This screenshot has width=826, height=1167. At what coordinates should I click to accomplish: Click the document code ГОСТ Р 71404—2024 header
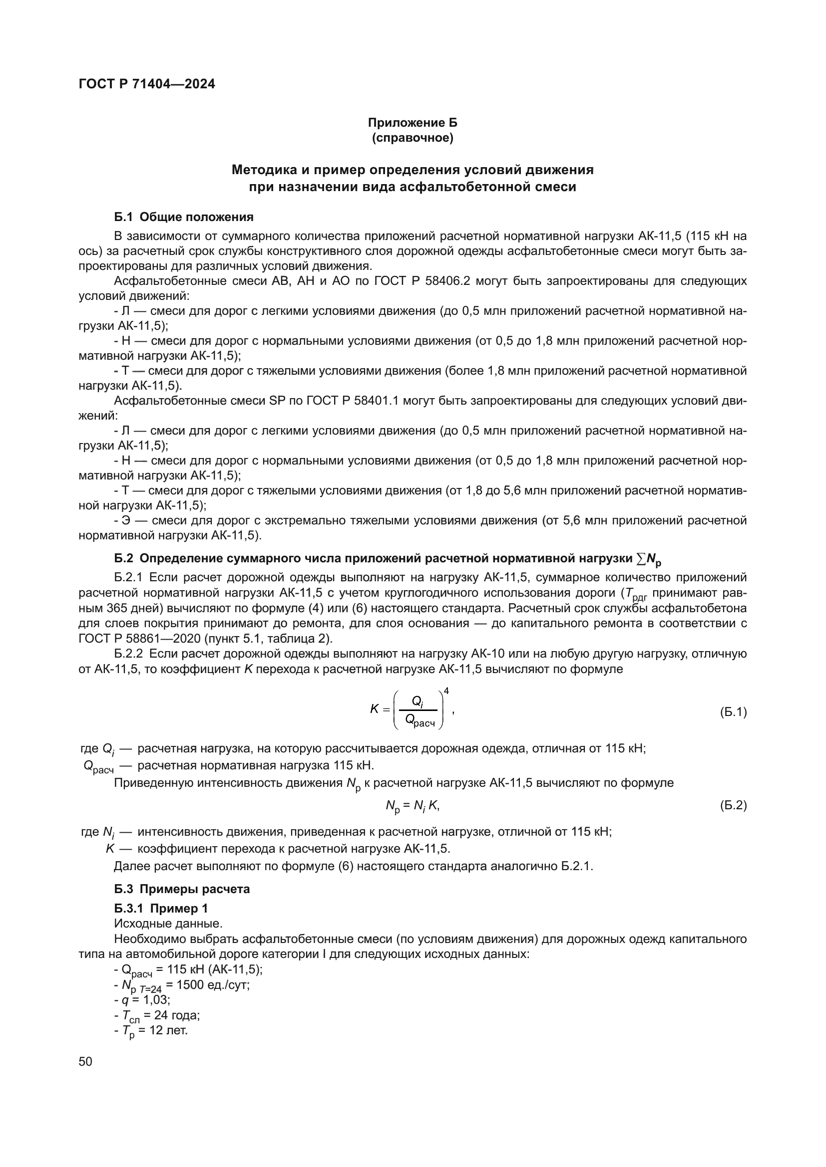pyautogui.click(x=147, y=84)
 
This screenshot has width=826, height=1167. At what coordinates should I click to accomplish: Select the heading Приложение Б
pyautogui.click(x=413, y=123)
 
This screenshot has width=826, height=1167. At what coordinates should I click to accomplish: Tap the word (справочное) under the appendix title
pyautogui.click(x=413, y=138)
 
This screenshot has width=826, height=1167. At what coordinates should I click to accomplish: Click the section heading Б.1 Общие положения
pyautogui.click(x=184, y=217)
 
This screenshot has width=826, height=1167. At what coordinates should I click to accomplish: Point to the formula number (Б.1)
pyautogui.click(x=733, y=712)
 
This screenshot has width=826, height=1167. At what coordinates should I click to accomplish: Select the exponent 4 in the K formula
pyautogui.click(x=446, y=690)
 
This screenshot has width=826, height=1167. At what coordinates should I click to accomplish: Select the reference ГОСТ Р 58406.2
pyautogui.click(x=419, y=281)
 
